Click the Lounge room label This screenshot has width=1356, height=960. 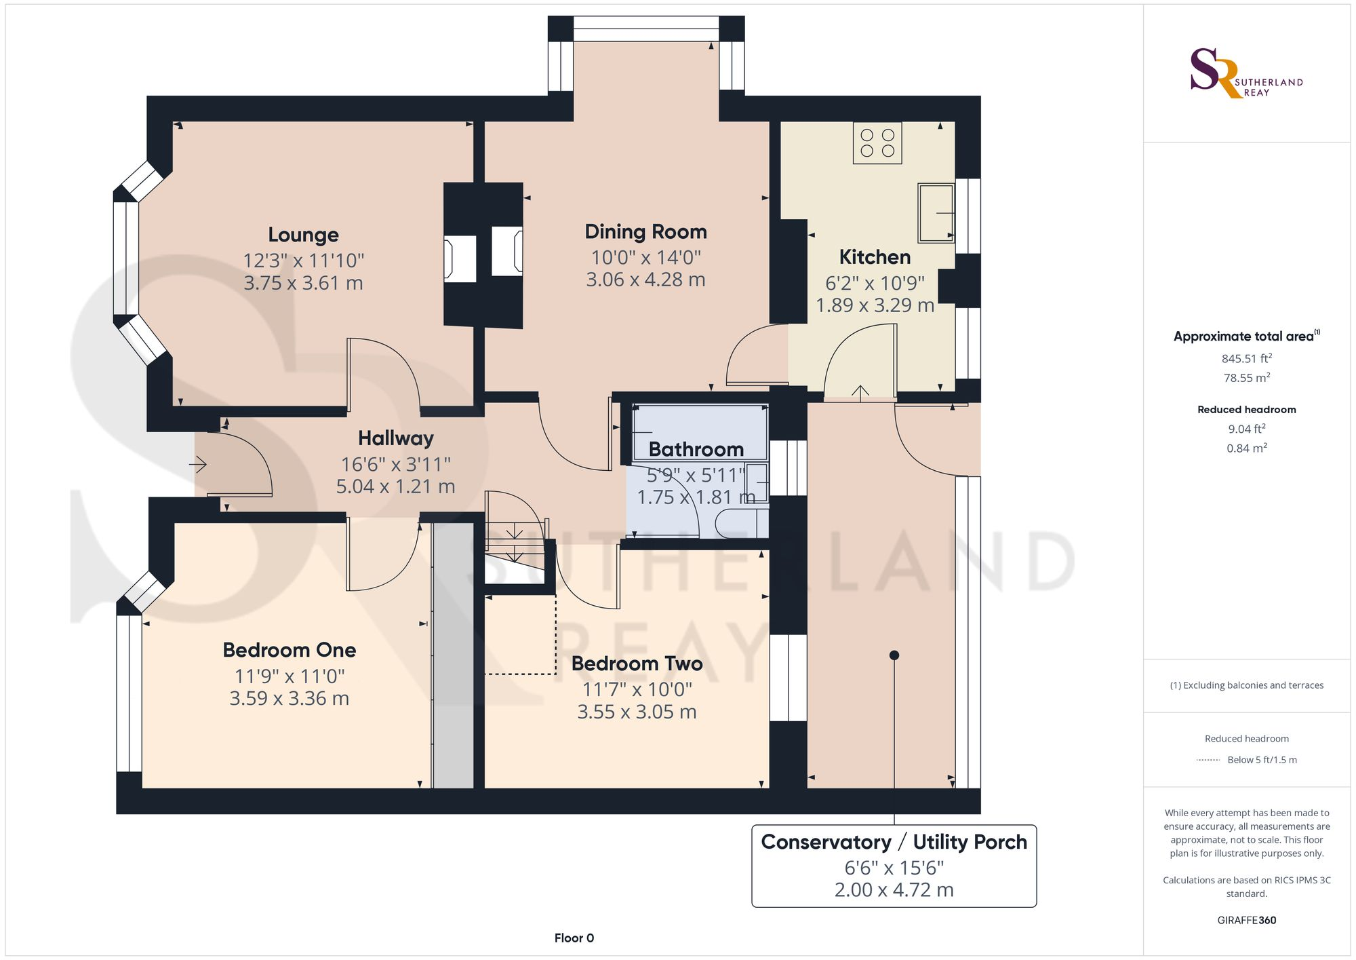pos(303,235)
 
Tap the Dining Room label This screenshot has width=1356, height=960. pos(645,232)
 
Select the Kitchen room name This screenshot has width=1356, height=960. pos(875,257)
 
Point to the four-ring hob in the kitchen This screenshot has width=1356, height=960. pos(877,143)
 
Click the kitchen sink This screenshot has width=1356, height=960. pos(936,213)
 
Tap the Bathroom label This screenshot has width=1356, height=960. pos(696,449)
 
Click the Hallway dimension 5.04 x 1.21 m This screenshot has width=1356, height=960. pos(396,486)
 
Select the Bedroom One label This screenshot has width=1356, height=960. pos(290,650)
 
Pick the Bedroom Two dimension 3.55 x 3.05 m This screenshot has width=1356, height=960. pos(637,712)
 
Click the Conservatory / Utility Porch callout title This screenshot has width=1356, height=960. pos(894,842)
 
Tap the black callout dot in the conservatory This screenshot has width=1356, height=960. pos(894,655)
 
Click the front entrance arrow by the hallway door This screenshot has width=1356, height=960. pos(197,465)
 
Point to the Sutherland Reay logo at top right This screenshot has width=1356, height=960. pos(1246,73)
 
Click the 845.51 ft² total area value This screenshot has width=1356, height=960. pos(1247,358)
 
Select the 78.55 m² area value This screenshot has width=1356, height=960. pos(1247,378)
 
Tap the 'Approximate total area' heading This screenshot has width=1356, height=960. pos(1247,336)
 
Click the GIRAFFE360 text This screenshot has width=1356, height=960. pos(1247,921)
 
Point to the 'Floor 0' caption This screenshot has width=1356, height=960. pos(574,938)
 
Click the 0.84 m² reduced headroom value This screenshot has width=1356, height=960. pos(1247,448)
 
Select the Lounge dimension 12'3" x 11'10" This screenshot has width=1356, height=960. pos(304,261)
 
